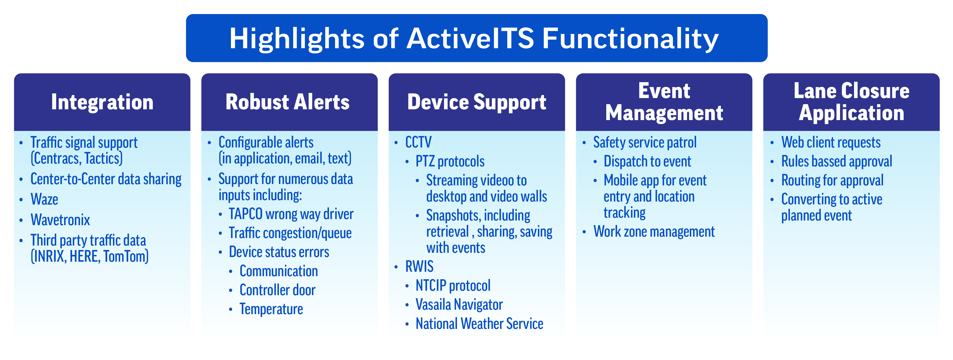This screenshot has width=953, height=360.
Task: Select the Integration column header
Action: pos(102,102)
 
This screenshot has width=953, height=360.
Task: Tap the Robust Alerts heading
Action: pos(288,102)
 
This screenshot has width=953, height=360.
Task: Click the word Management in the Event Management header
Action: pos(664,113)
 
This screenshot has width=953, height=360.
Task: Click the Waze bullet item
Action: pos(44,199)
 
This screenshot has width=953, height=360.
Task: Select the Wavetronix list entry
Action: pos(60,220)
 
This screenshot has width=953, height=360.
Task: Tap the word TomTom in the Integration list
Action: pos(126,256)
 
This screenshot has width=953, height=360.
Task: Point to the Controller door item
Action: pos(278,290)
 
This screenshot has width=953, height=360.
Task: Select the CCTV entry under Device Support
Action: pos(418,142)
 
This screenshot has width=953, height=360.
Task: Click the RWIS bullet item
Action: pos(419,266)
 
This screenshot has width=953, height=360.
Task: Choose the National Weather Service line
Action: pos(479,324)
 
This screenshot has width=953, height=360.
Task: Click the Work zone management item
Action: pos(654,232)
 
